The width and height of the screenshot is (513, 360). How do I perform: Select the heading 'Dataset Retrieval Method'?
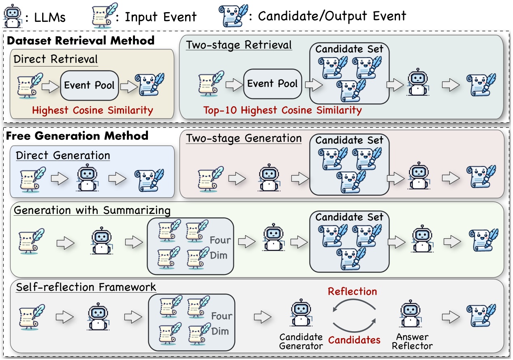pyautogui.click(x=81, y=41)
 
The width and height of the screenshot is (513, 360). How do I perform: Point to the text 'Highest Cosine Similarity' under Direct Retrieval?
pyautogui.click(x=92, y=110)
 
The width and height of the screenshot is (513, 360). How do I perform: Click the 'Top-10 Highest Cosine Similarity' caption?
pyautogui.click(x=282, y=110)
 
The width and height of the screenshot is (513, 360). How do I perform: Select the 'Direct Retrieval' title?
pyautogui.click(x=56, y=59)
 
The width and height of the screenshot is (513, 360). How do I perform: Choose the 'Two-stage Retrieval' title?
pyautogui.click(x=239, y=45)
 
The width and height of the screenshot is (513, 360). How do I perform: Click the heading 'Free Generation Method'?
pyautogui.click(x=77, y=135)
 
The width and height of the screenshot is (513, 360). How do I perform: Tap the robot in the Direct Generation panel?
pyautogui.click(x=89, y=177)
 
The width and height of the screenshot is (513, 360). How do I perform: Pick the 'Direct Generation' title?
pyautogui.click(x=63, y=155)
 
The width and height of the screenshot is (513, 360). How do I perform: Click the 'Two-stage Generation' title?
pyautogui.click(x=244, y=138)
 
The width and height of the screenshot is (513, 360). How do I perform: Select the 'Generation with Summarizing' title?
pyautogui.click(x=92, y=211)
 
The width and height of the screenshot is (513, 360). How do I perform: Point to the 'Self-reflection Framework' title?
pyautogui.click(x=86, y=287)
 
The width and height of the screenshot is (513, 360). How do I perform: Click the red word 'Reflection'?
pyautogui.click(x=353, y=291)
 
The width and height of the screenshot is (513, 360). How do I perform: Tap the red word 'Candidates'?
pyautogui.click(x=355, y=339)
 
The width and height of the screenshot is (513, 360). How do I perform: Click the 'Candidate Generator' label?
pyautogui.click(x=301, y=341)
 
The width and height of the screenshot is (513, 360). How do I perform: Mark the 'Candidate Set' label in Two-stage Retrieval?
pyautogui.click(x=349, y=49)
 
